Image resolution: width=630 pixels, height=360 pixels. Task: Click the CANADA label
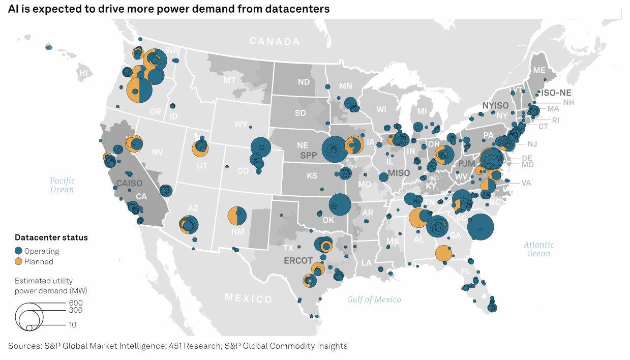(275, 41)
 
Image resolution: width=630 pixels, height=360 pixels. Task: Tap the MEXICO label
(249, 298)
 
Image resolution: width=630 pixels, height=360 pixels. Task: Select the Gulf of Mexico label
(374, 299)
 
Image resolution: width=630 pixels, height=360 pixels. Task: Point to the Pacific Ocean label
(62, 185)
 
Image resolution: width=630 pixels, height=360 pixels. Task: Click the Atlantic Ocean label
(538, 249)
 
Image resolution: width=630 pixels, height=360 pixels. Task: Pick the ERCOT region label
(298, 260)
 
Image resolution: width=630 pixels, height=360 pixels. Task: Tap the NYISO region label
(495, 105)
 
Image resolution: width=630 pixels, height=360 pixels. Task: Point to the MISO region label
(399, 173)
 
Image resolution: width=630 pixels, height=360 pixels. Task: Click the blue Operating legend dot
(19, 251)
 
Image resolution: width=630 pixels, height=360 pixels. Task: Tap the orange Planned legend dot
(19, 261)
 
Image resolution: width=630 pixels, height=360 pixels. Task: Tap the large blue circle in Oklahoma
(340, 204)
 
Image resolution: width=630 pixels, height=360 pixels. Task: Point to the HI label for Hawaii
(83, 73)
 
